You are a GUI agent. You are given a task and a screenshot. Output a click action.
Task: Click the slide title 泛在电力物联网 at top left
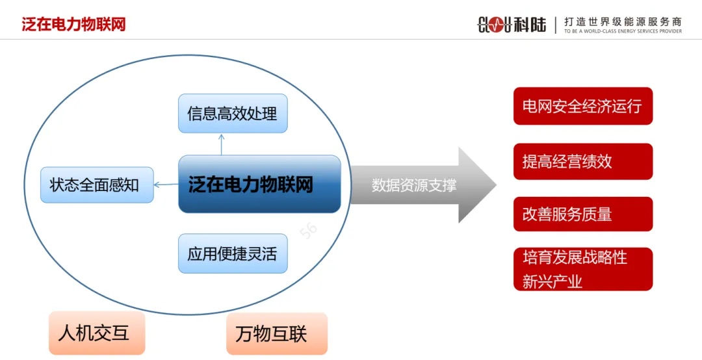pos(73,25)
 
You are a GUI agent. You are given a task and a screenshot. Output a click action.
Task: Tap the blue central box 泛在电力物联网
pos(259,185)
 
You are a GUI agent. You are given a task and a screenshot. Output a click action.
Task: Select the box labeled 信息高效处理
pos(233,114)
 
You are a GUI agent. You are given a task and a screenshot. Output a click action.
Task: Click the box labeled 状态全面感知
pos(97,185)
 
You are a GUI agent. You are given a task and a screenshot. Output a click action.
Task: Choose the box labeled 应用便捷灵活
pos(233,253)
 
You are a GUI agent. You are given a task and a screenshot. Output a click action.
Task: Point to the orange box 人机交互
pos(96,333)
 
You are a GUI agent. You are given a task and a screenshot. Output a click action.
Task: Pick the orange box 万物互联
pos(277,333)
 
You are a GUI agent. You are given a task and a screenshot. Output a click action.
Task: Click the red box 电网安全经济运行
pos(582,106)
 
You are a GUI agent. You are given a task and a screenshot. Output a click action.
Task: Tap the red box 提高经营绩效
pos(582,161)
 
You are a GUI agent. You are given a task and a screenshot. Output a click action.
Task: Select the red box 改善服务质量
pos(582,214)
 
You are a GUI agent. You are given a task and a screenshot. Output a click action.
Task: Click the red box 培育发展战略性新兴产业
pos(582,269)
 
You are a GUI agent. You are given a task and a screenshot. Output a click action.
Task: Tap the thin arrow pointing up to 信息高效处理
pos(222,144)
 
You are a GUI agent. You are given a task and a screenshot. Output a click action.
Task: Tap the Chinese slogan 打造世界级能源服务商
pos(623,21)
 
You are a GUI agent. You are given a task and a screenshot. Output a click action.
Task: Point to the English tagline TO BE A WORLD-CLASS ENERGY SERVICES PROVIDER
pos(623,31)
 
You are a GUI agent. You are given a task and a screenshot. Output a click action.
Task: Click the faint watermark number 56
pos(308,232)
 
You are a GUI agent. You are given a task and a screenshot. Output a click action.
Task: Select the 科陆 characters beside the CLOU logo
pos(530,25)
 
